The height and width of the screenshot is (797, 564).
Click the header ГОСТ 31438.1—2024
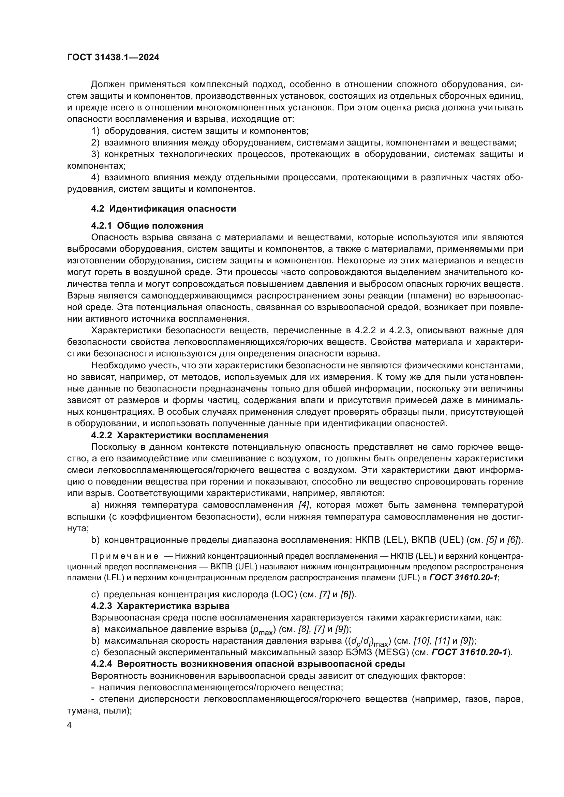point(113,57)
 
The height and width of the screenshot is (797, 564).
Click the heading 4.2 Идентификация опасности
point(163,209)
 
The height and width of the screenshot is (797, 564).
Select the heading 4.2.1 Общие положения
point(147,226)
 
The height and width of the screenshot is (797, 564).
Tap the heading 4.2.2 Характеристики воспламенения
point(180,435)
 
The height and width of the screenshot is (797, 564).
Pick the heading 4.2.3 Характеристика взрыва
point(160,606)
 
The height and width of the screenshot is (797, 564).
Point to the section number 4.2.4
point(101,664)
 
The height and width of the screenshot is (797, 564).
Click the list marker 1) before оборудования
point(95,131)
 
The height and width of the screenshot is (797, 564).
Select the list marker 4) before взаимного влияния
point(95,178)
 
